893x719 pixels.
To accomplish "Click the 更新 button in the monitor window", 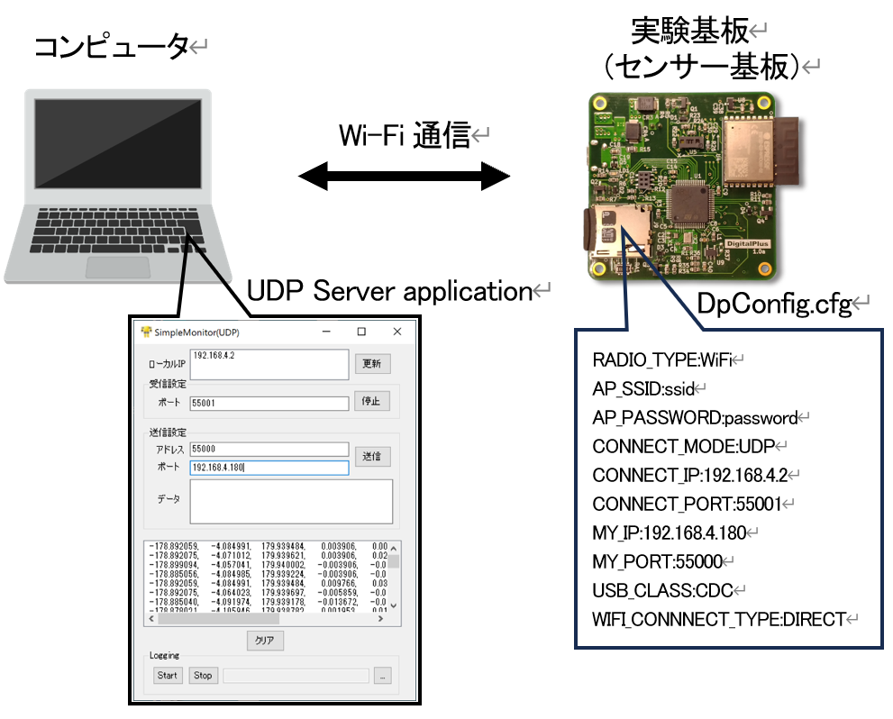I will tap(371, 364).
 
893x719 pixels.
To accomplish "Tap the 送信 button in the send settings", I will tap(371, 457).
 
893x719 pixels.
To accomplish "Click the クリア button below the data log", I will tap(266, 641).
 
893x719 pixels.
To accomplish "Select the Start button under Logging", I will tap(168, 675).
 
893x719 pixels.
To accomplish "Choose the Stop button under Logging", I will tap(203, 675).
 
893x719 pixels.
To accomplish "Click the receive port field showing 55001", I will tap(269, 403).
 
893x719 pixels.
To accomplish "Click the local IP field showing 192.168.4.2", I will tap(269, 364).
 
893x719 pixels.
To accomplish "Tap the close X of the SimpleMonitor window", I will tap(396, 332).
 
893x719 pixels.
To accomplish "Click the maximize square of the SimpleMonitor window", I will tap(361, 332).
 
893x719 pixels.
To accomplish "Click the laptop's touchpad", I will tap(117, 267).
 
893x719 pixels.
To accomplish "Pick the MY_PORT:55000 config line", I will tap(657, 561).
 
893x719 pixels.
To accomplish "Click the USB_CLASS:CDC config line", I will tap(662, 590).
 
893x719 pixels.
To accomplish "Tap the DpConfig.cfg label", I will tap(774, 305).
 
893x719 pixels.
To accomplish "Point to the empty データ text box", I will tap(291, 501).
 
